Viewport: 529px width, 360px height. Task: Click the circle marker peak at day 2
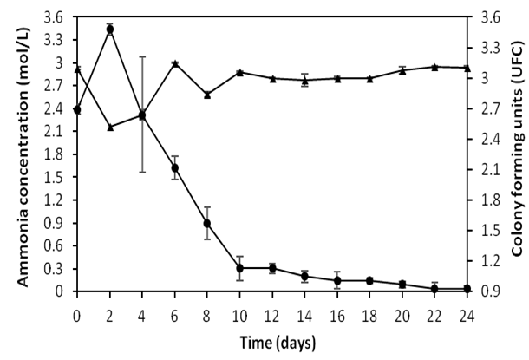pos(109,29)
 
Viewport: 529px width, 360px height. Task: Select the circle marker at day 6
pos(174,167)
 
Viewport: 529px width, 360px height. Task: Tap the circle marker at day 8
pos(207,224)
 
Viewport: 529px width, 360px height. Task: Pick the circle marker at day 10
pos(240,268)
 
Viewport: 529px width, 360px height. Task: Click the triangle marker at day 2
pos(109,128)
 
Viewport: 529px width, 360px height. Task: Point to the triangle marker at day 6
pos(174,63)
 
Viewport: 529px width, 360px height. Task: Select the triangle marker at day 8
pos(207,95)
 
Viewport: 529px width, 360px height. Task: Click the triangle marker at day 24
pos(468,68)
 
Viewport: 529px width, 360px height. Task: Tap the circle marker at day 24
pos(468,288)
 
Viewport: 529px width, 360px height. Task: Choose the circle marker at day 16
pos(337,280)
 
